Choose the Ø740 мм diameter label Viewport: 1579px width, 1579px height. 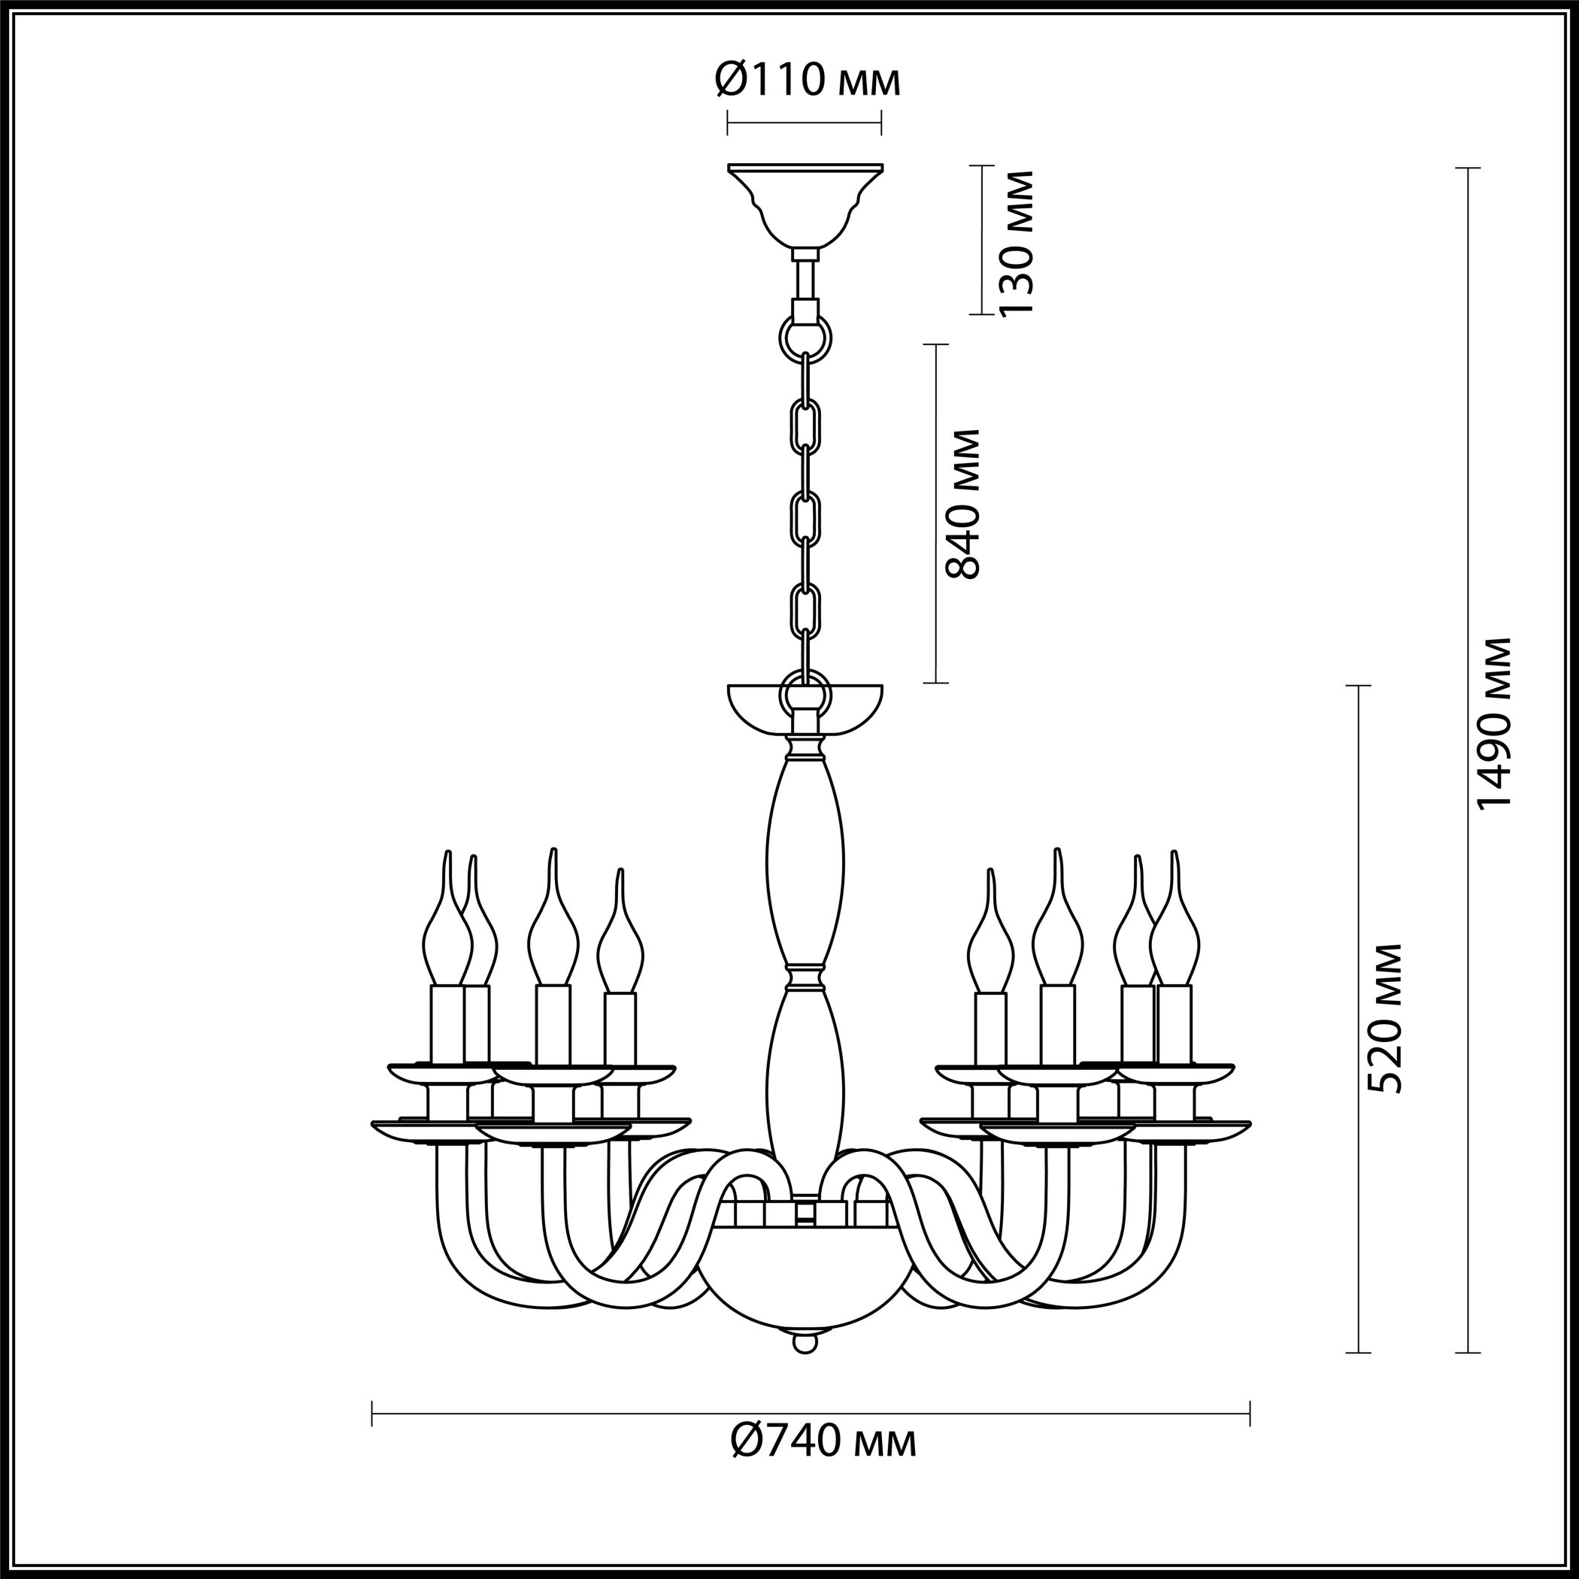click(823, 1468)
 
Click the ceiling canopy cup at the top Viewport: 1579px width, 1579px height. click(805, 207)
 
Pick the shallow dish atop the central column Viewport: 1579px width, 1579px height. click(805, 708)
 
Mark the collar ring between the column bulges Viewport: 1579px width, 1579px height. click(805, 976)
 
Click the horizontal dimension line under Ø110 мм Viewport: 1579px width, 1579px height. click(805, 125)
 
